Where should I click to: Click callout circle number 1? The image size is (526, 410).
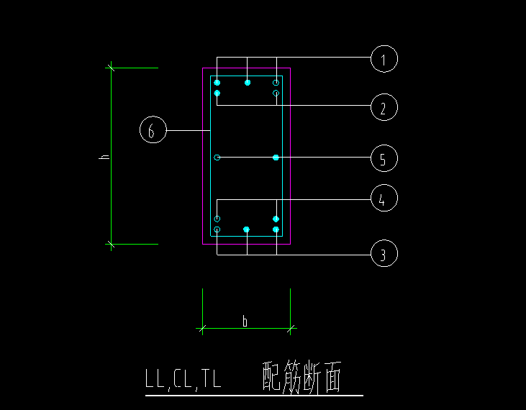pyautogui.click(x=384, y=58)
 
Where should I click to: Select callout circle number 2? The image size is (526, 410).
pyautogui.click(x=384, y=108)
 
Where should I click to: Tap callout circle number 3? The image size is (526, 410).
pyautogui.click(x=384, y=253)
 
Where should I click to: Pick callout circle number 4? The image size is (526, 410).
pyautogui.click(x=384, y=199)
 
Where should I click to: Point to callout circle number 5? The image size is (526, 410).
pyautogui.click(x=384, y=158)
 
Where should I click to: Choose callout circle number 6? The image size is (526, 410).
pyautogui.click(x=153, y=130)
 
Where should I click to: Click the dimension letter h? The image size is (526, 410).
pyautogui.click(x=104, y=156)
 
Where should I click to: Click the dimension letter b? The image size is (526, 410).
pyautogui.click(x=245, y=322)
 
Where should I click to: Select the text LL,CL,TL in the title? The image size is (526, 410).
pyautogui.click(x=183, y=378)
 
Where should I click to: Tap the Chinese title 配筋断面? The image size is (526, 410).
pyautogui.click(x=301, y=378)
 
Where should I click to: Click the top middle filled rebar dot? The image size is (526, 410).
pyautogui.click(x=247, y=83)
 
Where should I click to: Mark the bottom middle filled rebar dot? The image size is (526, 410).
pyautogui.click(x=246, y=229)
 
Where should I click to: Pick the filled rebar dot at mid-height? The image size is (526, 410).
pyautogui.click(x=276, y=157)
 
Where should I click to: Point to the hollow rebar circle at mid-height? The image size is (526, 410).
pyautogui.click(x=217, y=157)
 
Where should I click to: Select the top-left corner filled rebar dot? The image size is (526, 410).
pyautogui.click(x=217, y=83)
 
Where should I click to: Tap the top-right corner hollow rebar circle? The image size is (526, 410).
pyautogui.click(x=276, y=83)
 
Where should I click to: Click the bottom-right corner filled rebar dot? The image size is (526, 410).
pyautogui.click(x=276, y=229)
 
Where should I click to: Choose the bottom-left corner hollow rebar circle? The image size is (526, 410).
pyautogui.click(x=217, y=229)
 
